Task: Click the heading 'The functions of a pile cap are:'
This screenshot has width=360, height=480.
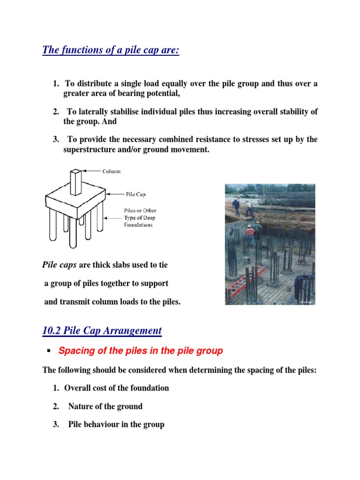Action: [x=111, y=50]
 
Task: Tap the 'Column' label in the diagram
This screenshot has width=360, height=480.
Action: [x=112, y=172]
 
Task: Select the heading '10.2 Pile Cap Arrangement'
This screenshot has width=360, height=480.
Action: [x=102, y=330]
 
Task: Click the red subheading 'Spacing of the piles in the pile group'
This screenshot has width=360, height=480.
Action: [x=140, y=351]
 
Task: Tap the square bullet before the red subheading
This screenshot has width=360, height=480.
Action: [x=48, y=351]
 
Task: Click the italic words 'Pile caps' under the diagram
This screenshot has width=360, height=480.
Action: [x=60, y=265]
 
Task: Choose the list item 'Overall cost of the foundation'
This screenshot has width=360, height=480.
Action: [x=116, y=388]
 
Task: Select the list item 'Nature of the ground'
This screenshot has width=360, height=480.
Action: [x=105, y=406]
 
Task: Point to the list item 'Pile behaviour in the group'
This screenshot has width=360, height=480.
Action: [x=116, y=425]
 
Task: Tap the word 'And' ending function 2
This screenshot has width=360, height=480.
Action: [x=108, y=121]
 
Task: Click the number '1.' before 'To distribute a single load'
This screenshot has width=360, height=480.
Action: [x=56, y=84]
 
